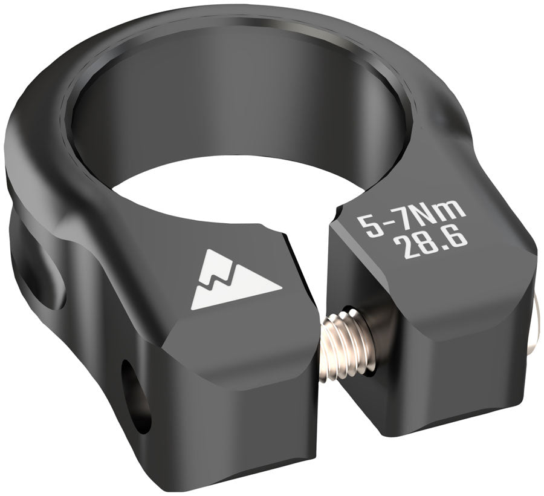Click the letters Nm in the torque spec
pyautogui.click(x=447, y=213)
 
